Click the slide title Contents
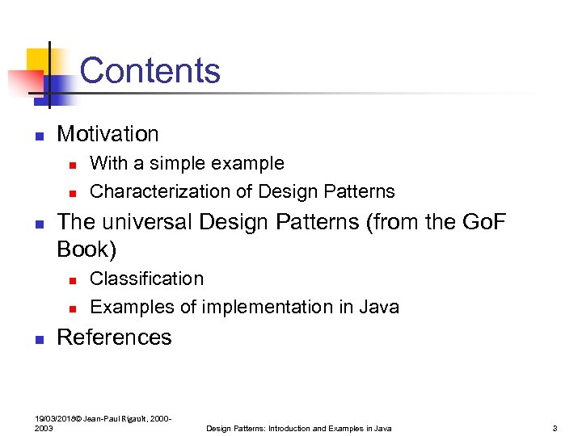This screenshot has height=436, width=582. pos(150,70)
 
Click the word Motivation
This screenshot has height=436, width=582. pos(108,133)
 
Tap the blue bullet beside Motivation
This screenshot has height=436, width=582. pos(37,136)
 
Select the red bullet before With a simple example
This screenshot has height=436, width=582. pos(71,165)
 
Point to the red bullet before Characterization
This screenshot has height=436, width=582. pos(71,193)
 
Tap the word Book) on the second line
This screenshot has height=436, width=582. pos(86,249)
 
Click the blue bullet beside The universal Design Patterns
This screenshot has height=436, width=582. pos(37,224)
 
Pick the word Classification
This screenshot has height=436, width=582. pos(146,279)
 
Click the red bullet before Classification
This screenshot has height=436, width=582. pos(71,280)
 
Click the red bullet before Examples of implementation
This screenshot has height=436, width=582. pos(71,308)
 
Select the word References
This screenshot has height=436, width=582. pos(114,337)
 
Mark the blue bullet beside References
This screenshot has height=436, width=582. pos(37,339)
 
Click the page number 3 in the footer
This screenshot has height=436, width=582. pos(555,428)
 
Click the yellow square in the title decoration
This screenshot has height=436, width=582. pos(38,61)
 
